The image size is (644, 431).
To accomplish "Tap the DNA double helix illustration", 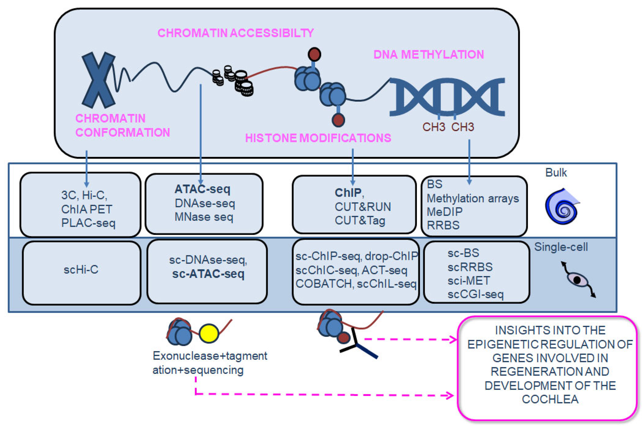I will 447,97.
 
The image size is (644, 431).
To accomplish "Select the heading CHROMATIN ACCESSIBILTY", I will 236,33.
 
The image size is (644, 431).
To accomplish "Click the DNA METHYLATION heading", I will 429,54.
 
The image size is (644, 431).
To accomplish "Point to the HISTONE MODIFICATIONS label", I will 318,138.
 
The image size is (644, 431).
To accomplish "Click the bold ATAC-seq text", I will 203,189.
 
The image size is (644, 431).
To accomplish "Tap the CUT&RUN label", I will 363,207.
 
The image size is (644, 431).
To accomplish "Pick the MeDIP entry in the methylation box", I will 444,212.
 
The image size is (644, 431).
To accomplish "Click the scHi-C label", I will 81,270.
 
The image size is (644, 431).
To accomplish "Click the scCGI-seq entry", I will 476,294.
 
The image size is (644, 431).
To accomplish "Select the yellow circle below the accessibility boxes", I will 209,334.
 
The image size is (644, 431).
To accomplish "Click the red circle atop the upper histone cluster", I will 314,54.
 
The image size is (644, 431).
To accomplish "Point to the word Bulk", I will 556,173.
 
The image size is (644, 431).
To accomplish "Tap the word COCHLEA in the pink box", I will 550,399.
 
